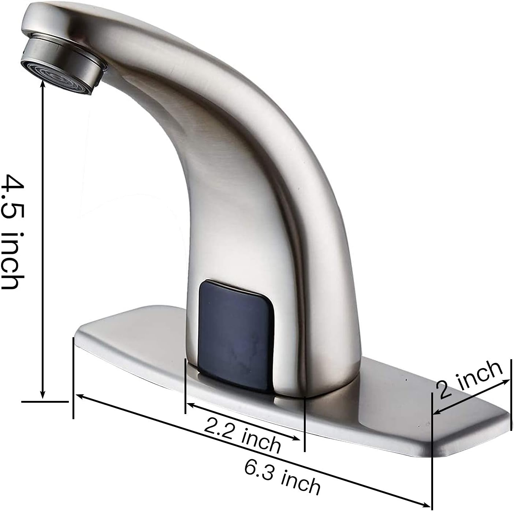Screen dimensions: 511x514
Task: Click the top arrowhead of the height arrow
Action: pos(43,82)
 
